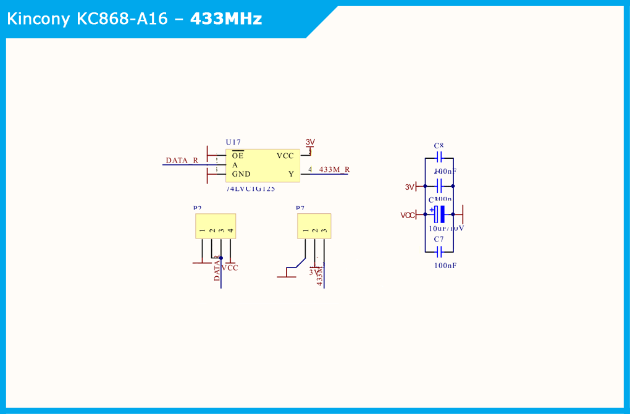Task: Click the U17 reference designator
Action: (233, 143)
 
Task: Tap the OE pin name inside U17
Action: (238, 156)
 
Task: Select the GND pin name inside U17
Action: (241, 174)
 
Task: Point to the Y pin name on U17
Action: (291, 174)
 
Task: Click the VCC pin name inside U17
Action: (285, 156)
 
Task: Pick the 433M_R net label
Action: (334, 169)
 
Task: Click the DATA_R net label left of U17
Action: (182, 161)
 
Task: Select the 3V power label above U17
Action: (310, 142)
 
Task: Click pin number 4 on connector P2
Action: (230, 231)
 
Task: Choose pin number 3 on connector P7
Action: (324, 231)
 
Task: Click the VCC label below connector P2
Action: (230, 268)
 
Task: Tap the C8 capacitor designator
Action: (439, 146)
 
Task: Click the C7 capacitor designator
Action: (439, 239)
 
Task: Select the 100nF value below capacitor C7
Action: (445, 265)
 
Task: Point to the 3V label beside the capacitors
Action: (409, 187)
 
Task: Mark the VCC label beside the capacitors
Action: (408, 215)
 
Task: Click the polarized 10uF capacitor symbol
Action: (439, 214)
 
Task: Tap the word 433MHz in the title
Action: (226, 19)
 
